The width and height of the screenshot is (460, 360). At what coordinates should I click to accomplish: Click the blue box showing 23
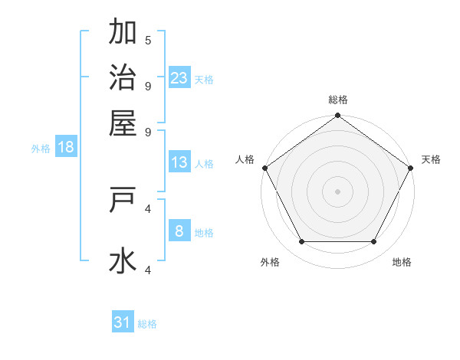[179, 77]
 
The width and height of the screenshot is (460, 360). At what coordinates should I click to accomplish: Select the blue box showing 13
[179, 162]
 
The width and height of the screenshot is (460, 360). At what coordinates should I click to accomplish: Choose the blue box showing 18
[66, 147]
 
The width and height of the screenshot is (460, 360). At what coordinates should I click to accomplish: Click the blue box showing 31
[123, 322]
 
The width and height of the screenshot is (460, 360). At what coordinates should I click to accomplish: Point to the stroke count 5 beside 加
[148, 40]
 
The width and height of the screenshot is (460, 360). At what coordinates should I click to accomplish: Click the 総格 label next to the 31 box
[147, 324]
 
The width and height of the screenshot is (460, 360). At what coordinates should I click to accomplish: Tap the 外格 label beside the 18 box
[41, 149]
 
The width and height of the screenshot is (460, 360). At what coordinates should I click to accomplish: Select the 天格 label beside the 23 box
[204, 79]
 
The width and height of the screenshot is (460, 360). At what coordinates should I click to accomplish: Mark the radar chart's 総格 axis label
[338, 100]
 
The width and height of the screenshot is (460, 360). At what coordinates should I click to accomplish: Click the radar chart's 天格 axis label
[431, 159]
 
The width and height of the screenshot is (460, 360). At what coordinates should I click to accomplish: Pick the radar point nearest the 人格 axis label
[264, 168]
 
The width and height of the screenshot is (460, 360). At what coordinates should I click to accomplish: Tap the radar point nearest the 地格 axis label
[374, 241]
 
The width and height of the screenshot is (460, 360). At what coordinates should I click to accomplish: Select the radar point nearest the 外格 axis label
[301, 241]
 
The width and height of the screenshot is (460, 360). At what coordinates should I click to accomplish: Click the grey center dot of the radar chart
[337, 191]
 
